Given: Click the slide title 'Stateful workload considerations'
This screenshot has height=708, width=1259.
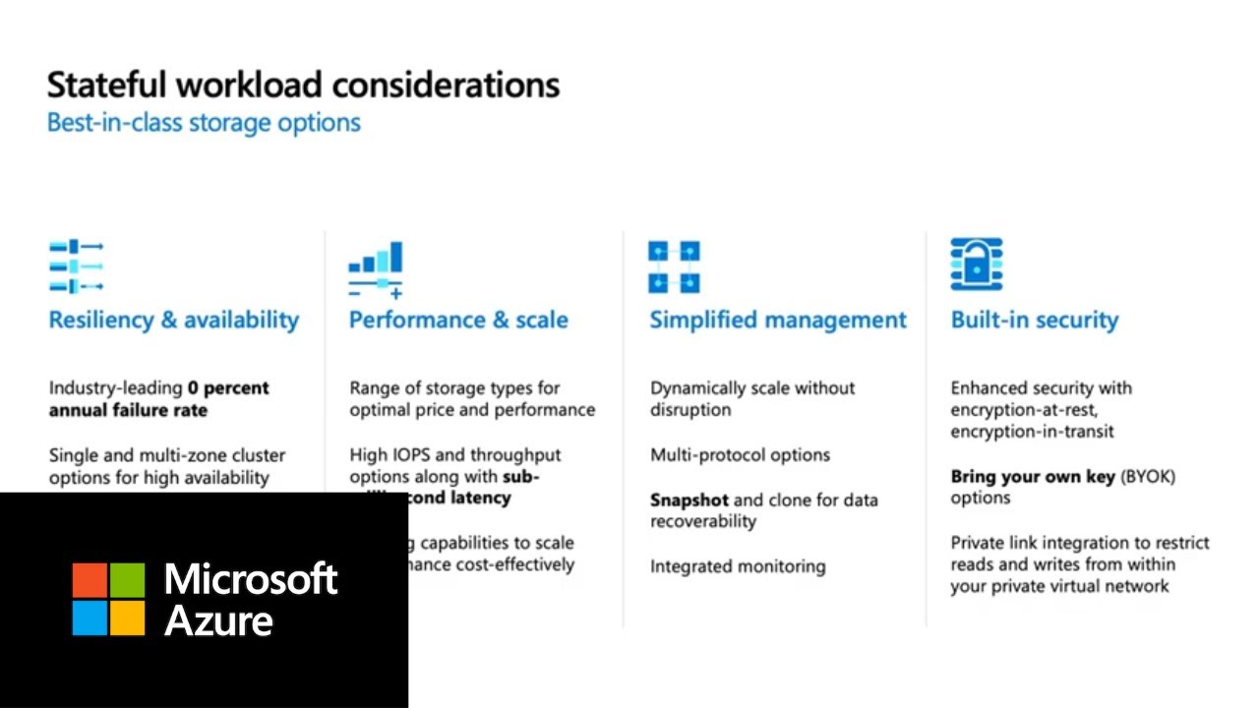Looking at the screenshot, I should pos(303,85).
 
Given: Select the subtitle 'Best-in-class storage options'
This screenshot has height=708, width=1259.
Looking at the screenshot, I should pos(204,123).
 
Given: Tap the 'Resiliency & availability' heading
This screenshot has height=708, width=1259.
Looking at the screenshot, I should pos(174,320).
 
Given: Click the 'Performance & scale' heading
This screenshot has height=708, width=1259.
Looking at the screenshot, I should pos(458,320).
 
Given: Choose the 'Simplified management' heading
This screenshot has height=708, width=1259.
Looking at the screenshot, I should pos(778,320).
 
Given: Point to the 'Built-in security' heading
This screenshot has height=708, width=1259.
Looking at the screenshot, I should pos(1034,320).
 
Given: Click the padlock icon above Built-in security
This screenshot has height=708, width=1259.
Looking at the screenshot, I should pos(976,265).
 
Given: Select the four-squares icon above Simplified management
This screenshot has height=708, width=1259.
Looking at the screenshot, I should pos(674,266).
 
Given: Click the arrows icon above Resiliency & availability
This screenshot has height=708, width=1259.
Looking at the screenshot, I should pos(77,266).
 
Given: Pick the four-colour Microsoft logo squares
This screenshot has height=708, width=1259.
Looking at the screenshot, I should pos(108,599).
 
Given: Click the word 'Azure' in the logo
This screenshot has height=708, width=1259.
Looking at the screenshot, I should pos(218,620).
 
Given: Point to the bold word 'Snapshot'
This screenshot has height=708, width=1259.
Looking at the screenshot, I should pos(689,500).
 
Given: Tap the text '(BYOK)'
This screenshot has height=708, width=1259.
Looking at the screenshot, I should pos(1147,477).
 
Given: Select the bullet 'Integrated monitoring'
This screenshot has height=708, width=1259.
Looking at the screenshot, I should pos(738,566).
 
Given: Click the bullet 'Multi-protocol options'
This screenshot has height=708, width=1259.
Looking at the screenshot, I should pos(740,455).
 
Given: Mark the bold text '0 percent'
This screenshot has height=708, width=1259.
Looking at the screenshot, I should pos(228,388).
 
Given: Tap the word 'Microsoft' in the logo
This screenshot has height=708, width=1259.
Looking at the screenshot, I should pos(251,578).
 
